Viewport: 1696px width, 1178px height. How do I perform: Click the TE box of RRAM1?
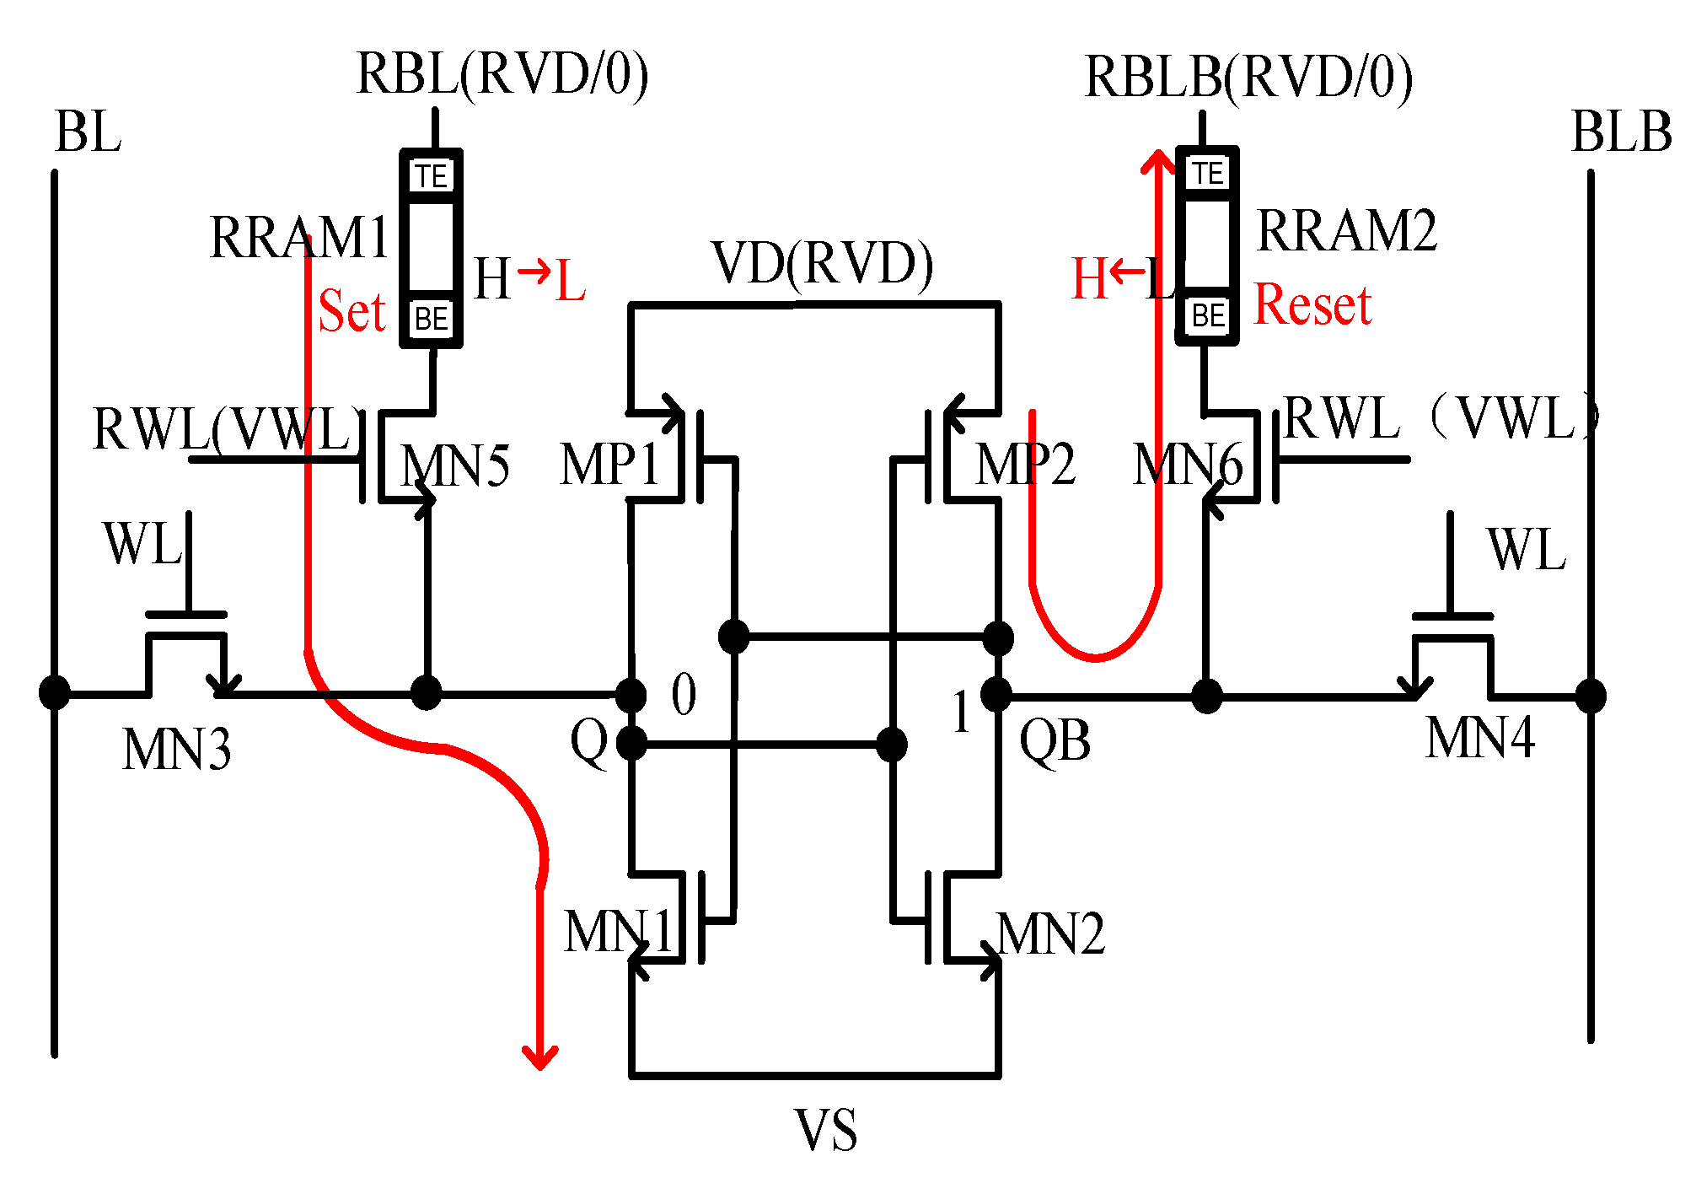[432, 176]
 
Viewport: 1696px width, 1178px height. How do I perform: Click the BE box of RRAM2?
[1208, 316]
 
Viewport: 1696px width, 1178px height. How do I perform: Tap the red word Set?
[352, 312]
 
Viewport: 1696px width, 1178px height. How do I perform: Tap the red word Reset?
[1312, 304]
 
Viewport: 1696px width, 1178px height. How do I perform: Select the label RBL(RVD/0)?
[502, 74]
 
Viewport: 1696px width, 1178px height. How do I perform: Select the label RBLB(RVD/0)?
[1248, 78]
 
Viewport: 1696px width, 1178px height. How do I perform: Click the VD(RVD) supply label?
[822, 263]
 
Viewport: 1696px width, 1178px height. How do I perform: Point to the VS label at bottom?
[825, 1131]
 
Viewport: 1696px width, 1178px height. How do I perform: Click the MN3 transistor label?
[176, 750]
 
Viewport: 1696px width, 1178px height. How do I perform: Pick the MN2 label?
[1050, 934]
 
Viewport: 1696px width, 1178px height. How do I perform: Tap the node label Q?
[588, 742]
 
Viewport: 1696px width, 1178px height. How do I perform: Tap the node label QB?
[1055, 742]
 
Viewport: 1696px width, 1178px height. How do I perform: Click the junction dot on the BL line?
[55, 693]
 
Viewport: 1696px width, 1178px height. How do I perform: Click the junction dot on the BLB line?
[1590, 696]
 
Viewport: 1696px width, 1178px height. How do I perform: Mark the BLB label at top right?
[1621, 132]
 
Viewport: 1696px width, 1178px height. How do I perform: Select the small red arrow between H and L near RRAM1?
[534, 271]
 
